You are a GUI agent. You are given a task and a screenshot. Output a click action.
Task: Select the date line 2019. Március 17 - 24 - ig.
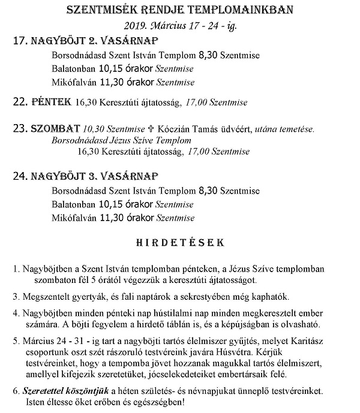tap(179, 26)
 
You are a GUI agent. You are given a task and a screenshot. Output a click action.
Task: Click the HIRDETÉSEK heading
tap(180, 243)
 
